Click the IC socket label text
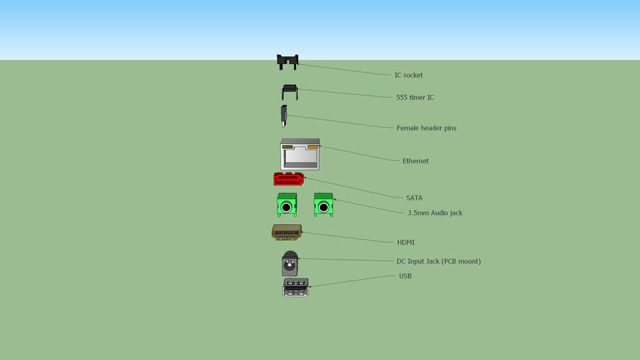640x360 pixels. [408, 75]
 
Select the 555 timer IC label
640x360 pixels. [415, 98]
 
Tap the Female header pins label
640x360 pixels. [426, 128]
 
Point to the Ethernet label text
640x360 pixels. [415, 161]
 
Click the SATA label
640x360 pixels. [414, 198]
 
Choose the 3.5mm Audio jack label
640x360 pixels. [435, 213]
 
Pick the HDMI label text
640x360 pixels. [406, 243]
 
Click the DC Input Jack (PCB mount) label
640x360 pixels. [438, 262]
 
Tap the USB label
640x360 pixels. [405, 276]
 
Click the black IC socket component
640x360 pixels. [287, 62]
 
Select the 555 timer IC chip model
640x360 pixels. [289, 91]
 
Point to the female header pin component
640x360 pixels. [283, 115]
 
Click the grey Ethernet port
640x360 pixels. [300, 155]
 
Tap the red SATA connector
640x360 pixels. [288, 179]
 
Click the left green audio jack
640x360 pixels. [286, 205]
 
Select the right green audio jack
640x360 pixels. [324, 205]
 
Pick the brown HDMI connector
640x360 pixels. [287, 232]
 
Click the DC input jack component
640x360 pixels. [289, 264]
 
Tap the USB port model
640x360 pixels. [296, 287]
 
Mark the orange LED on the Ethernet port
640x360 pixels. [312, 148]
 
